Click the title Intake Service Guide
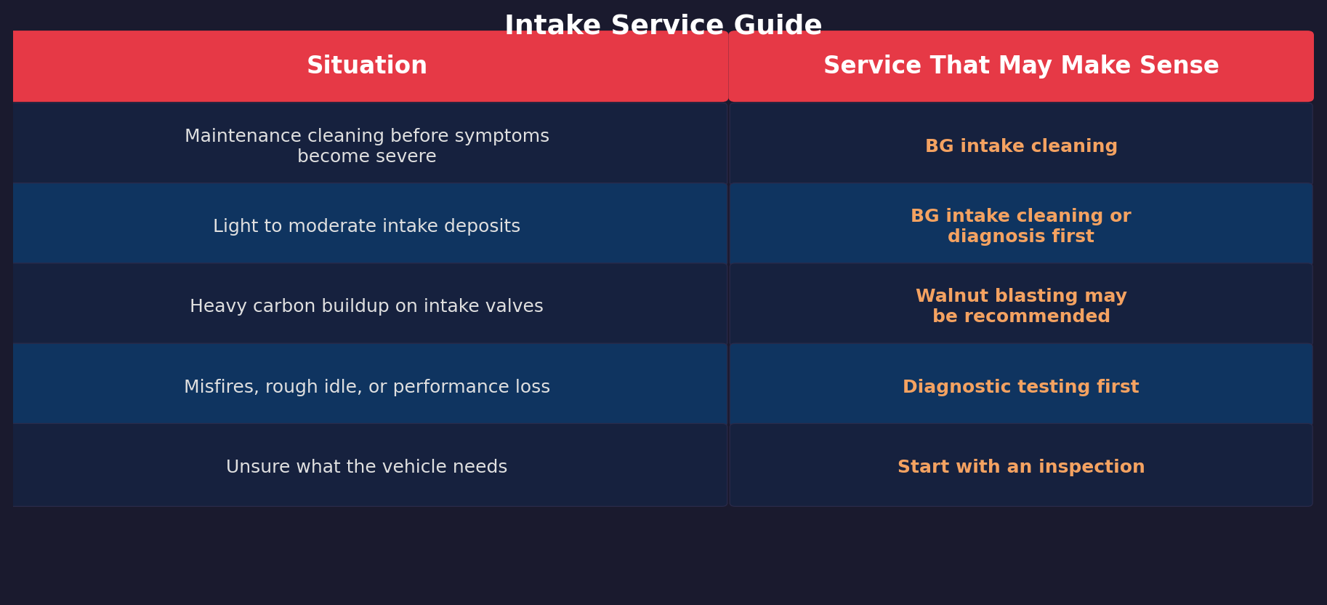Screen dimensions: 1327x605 [663, 25]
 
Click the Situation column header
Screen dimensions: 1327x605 [367, 66]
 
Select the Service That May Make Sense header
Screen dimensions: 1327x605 [1021, 66]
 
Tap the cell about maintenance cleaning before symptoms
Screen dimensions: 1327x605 [367, 146]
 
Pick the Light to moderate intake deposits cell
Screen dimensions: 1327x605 [367, 226]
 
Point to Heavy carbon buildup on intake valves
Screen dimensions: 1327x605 [367, 306]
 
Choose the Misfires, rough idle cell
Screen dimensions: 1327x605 [367, 387]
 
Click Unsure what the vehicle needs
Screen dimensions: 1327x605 [367, 467]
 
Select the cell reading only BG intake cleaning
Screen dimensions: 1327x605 [1021, 146]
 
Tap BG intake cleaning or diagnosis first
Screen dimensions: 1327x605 [1021, 226]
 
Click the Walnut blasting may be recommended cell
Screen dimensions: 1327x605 [1021, 306]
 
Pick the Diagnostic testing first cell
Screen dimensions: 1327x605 [1021, 387]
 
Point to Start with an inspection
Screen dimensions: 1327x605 [1021, 467]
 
